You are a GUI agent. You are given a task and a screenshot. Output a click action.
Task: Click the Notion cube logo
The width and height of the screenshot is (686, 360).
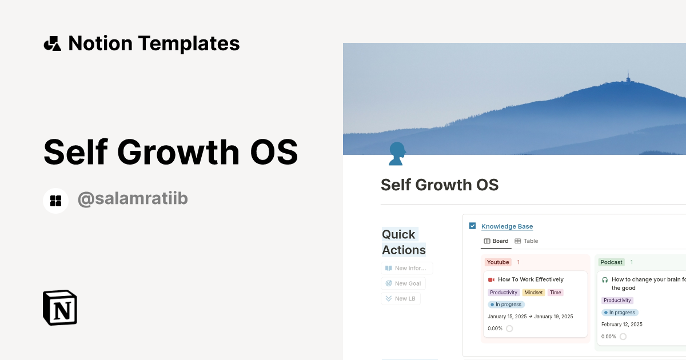tap(59, 307)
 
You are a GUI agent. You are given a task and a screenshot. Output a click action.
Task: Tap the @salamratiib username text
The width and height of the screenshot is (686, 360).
tap(133, 199)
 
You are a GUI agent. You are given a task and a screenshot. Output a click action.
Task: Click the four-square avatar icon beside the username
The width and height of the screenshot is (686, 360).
tap(56, 201)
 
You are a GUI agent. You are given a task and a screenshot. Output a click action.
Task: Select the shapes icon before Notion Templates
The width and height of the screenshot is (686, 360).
tap(52, 43)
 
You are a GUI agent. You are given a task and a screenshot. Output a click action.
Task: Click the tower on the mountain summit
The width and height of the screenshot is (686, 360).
tap(628, 77)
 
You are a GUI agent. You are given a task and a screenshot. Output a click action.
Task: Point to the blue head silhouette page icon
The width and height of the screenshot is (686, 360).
tap(397, 154)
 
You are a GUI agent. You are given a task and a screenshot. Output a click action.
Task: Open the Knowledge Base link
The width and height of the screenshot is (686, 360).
tap(506, 227)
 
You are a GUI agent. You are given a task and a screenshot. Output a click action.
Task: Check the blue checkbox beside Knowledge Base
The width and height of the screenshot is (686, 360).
tap(472, 226)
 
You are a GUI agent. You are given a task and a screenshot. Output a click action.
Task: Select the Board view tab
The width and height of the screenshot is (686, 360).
tap(496, 241)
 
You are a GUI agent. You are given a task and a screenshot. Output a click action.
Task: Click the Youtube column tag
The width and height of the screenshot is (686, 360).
tap(498, 262)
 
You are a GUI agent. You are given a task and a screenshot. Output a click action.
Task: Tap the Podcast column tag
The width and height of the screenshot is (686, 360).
tap(611, 262)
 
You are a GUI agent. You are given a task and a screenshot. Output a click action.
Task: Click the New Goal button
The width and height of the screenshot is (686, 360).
tap(404, 283)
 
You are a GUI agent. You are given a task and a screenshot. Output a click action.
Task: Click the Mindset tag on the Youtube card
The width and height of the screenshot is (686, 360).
tap(533, 293)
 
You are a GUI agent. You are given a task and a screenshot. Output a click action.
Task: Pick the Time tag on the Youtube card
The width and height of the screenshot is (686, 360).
tap(555, 293)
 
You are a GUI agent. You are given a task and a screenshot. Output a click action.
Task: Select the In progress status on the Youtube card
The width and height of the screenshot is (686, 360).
tap(506, 305)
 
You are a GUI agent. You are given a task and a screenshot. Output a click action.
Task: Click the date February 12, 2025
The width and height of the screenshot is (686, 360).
tap(621, 325)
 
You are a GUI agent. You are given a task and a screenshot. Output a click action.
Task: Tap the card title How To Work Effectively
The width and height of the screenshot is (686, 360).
tap(531, 279)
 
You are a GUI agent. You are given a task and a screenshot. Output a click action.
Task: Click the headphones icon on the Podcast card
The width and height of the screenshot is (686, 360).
tap(605, 280)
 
